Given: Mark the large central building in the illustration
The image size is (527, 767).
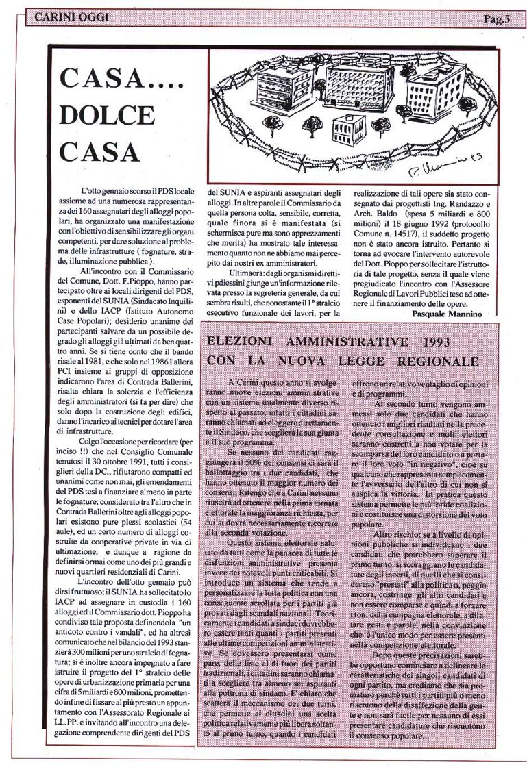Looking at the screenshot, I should point(359,82).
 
